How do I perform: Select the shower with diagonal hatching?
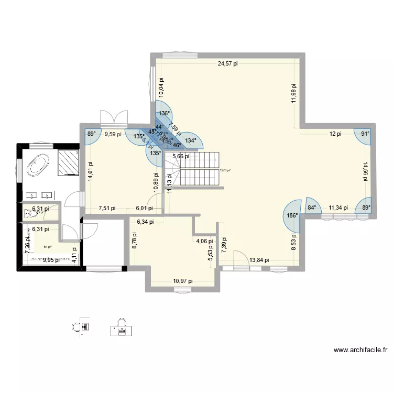[x=69, y=161]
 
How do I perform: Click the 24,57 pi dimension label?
[x=228, y=64]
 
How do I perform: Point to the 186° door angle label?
[x=291, y=215]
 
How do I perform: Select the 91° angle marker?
[x=365, y=134]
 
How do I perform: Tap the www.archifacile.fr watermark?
[x=360, y=351]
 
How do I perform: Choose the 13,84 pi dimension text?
[x=259, y=260]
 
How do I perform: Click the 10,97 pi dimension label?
[x=182, y=281]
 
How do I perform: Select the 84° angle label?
[x=312, y=208]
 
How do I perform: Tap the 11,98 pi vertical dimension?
[x=294, y=95]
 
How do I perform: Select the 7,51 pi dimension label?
[x=107, y=208]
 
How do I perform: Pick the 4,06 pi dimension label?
[x=204, y=242]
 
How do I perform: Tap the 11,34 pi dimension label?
[x=338, y=208]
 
